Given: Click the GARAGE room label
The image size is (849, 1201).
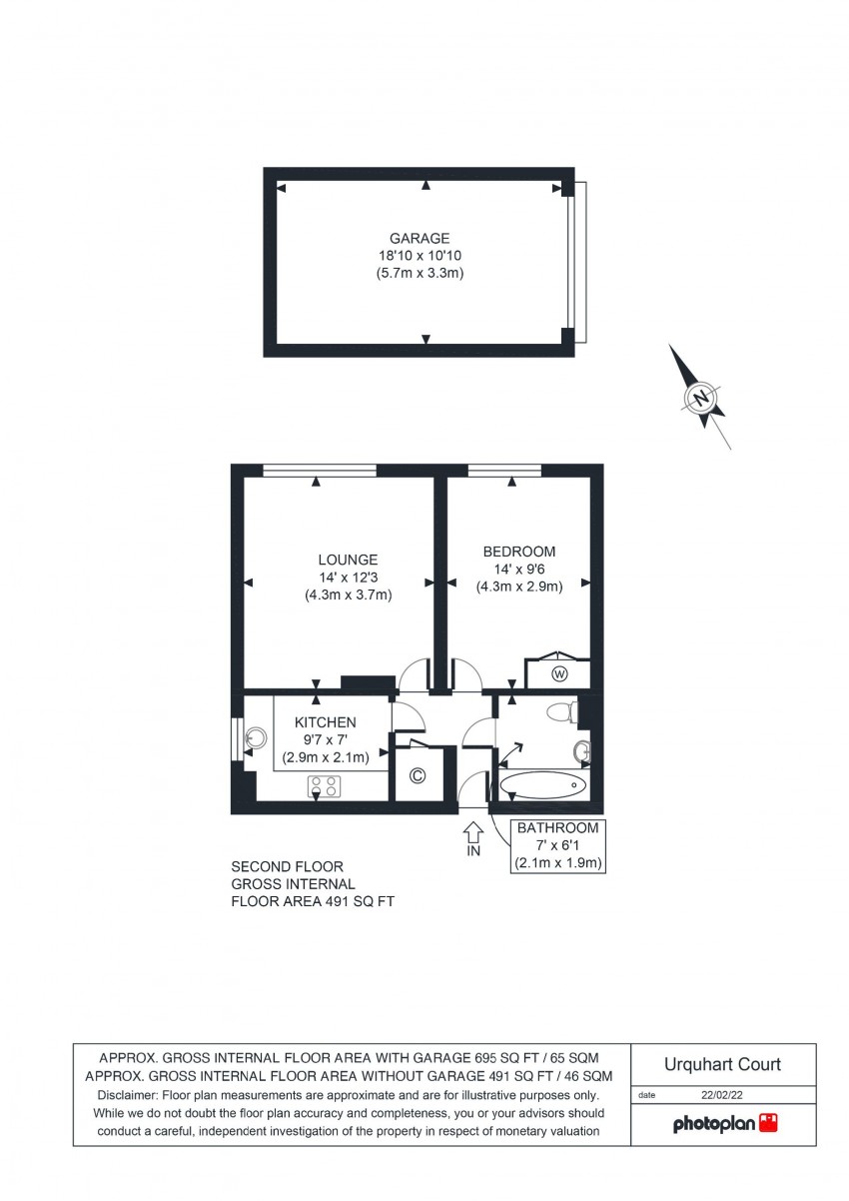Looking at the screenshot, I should point(420,238).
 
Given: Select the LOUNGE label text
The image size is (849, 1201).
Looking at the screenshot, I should point(348,560).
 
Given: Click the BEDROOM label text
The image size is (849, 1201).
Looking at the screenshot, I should point(518,552).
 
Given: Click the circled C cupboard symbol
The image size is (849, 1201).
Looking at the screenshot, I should point(419,775).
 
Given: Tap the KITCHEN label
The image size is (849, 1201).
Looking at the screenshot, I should point(325,722).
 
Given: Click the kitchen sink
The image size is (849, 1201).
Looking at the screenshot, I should point(256,738).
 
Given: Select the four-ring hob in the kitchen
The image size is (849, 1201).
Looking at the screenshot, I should point(325,786).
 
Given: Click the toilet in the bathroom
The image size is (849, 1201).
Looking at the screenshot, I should point(565,712).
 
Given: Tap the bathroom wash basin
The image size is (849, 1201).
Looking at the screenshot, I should point(581,752).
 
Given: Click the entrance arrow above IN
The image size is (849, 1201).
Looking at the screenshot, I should point(473,830).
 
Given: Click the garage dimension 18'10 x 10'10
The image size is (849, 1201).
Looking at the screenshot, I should point(420,256).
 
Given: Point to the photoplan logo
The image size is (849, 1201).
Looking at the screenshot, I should point(724,1124).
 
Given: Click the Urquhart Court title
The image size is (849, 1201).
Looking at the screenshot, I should point(723,1065).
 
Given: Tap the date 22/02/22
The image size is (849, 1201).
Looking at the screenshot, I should point(722,1095).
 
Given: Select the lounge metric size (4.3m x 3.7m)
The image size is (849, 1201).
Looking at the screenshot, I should point(348,595).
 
